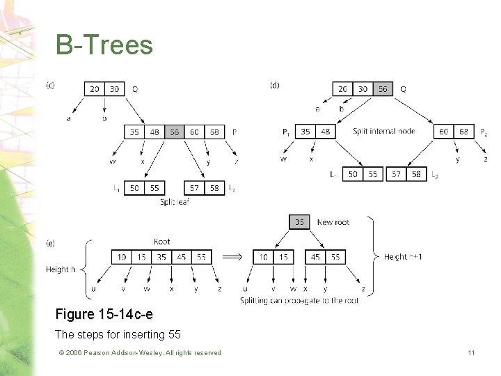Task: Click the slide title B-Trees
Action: pyautogui.click(x=104, y=45)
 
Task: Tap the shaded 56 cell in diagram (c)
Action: pyautogui.click(x=174, y=132)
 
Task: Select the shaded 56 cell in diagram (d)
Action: pyautogui.click(x=382, y=89)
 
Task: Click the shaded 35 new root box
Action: pyautogui.click(x=299, y=222)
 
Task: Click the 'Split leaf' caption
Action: pyautogui.click(x=175, y=202)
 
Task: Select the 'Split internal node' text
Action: pyautogui.click(x=383, y=132)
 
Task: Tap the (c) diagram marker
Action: pyautogui.click(x=51, y=86)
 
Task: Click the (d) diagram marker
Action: pyautogui.click(x=275, y=86)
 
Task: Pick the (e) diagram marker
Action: pyautogui.click(x=51, y=243)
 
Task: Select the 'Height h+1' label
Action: pyautogui.click(x=403, y=257)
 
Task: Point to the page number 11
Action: pyautogui.click(x=471, y=353)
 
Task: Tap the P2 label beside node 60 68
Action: pyautogui.click(x=483, y=132)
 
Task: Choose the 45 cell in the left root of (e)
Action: pyautogui.click(x=181, y=257)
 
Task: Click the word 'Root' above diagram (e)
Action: pyautogui.click(x=161, y=242)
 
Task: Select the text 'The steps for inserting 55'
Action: pyautogui.click(x=118, y=334)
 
